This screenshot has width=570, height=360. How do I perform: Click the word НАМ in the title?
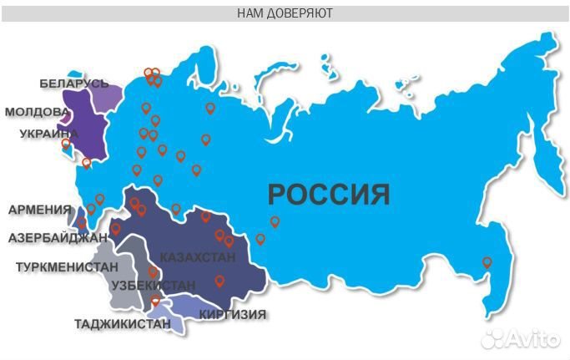(252, 13)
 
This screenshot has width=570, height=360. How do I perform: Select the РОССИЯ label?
(329, 195)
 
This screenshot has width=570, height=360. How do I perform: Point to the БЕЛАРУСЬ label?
(74, 84)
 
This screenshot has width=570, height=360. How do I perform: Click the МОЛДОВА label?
(37, 111)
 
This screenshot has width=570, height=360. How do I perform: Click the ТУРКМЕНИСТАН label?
(67, 267)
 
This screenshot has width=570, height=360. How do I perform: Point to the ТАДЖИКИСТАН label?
(123, 324)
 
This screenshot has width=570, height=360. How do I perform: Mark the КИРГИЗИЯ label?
(233, 315)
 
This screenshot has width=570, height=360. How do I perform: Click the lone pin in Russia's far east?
(487, 263)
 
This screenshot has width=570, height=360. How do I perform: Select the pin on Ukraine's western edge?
(67, 144)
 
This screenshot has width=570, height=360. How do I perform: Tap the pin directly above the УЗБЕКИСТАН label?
(153, 272)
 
